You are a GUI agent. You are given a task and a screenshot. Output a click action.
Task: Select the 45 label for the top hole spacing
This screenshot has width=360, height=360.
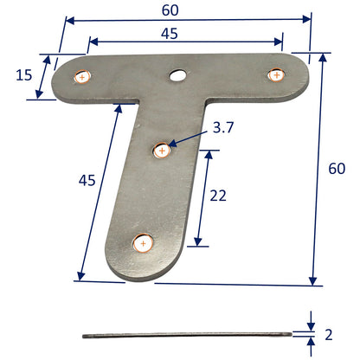pos(170,34)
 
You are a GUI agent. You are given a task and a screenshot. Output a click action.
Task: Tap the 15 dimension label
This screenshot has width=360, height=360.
pos(24,75)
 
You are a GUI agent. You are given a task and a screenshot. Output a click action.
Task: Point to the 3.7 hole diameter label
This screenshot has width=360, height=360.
pos(222,128)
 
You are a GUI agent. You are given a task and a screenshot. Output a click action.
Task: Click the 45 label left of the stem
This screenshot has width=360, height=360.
pos(87,180)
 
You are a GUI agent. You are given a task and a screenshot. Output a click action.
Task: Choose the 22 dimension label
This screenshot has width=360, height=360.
pos(218,196)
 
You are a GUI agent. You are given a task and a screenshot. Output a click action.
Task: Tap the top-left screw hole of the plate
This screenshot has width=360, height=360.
pos(81,77)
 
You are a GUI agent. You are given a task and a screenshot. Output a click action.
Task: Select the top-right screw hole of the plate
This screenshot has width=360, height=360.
pos(276,74)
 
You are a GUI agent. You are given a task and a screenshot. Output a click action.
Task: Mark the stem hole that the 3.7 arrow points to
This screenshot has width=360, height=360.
pos(161,151)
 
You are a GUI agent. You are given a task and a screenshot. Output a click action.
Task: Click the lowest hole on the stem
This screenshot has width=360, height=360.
pos(142,244)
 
